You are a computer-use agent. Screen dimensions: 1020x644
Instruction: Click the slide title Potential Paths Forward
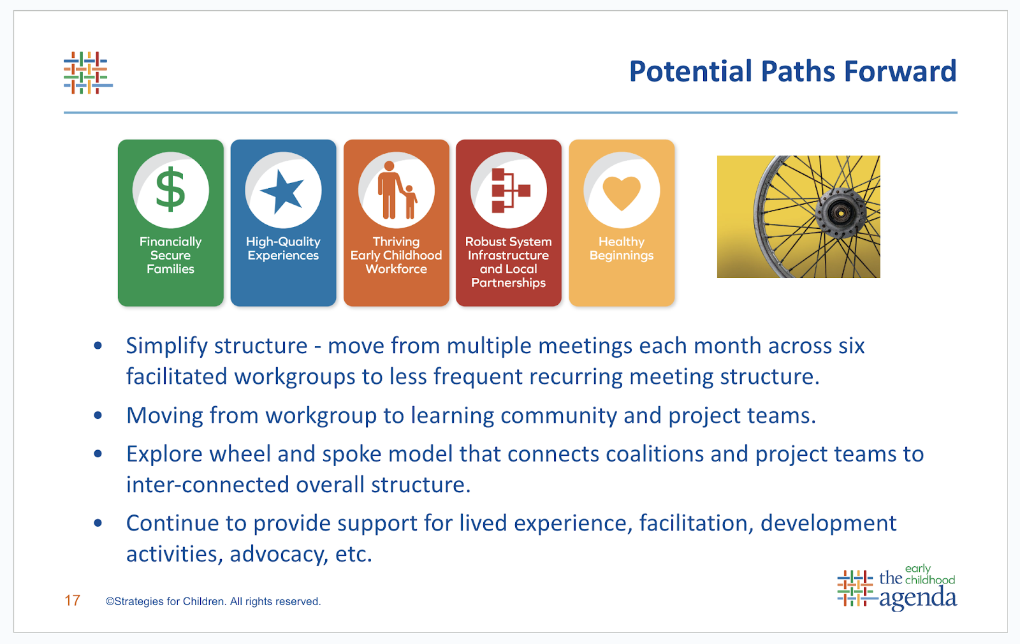[x=793, y=71]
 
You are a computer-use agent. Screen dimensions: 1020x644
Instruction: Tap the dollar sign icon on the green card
[x=171, y=189]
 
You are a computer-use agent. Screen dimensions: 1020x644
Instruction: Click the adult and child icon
[x=397, y=190]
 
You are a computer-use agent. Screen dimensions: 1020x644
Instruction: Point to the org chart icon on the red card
[x=511, y=191]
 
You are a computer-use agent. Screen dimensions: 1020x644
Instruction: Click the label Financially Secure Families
[x=171, y=255]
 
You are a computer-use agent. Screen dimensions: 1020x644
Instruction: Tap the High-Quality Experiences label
[x=283, y=248]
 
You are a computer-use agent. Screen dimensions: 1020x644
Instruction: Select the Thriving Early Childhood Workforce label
[x=396, y=255]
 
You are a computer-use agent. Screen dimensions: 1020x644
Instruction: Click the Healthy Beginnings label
[x=622, y=248]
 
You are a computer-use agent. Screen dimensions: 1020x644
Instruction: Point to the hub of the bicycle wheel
[x=841, y=213]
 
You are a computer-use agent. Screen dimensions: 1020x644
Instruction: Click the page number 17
[x=73, y=601]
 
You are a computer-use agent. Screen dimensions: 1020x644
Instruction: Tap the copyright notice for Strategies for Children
[x=213, y=601]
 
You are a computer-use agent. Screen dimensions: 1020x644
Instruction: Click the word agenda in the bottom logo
[x=917, y=597]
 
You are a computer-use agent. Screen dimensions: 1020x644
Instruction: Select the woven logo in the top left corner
[x=88, y=73]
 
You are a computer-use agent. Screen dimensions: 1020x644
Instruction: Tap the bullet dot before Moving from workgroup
[x=98, y=415]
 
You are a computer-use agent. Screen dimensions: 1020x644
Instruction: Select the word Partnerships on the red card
[x=508, y=283]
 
